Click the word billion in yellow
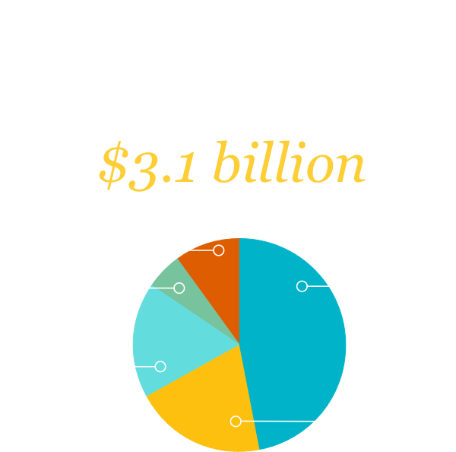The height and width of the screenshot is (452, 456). pyautogui.click(x=290, y=161)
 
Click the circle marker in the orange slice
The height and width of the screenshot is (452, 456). pyautogui.click(x=219, y=250)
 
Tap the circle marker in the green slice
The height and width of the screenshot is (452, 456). pyautogui.click(x=179, y=288)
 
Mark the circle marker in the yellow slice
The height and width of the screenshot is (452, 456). pyautogui.click(x=236, y=421)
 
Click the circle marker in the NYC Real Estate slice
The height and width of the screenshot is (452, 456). pyautogui.click(x=302, y=286)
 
